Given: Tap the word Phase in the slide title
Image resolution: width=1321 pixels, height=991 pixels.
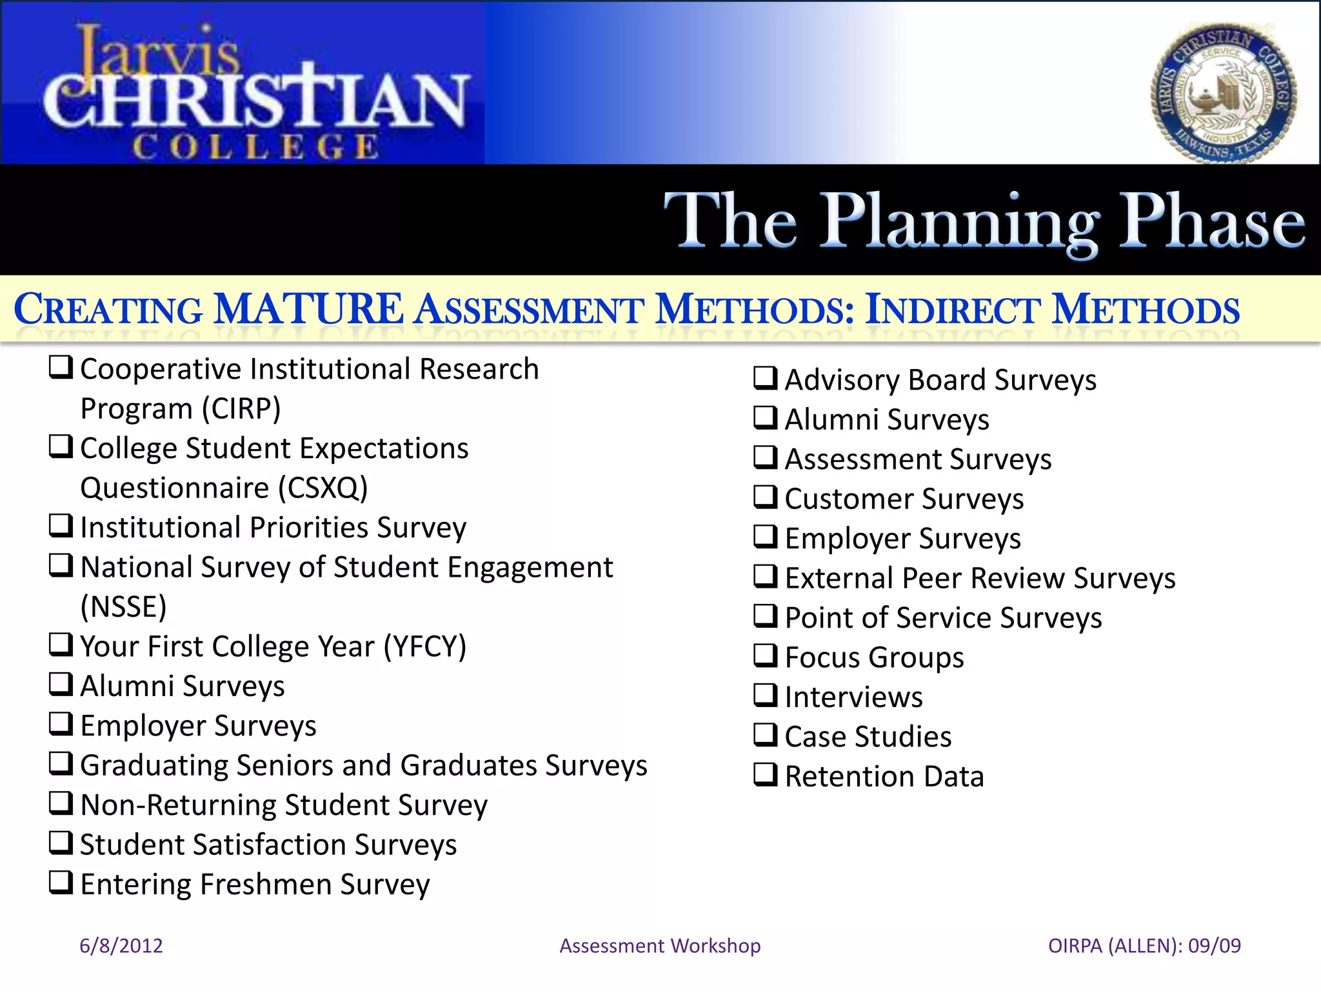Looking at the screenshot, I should click(x=1211, y=221).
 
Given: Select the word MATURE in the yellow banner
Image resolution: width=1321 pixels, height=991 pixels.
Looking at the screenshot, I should click(x=308, y=309).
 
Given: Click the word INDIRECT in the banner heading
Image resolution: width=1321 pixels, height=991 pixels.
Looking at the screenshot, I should click(x=952, y=310).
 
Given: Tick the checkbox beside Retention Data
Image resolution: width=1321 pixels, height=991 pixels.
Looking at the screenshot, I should click(x=765, y=774).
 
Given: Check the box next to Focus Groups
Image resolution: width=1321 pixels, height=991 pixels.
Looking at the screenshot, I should click(x=765, y=656).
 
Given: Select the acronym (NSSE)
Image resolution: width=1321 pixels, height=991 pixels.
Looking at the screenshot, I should click(x=123, y=607).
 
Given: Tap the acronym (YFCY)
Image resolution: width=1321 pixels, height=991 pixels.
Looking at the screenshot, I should click(x=424, y=646).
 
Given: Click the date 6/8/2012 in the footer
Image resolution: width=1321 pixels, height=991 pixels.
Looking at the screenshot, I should click(x=121, y=946).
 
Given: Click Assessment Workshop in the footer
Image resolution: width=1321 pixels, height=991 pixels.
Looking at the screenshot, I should click(x=660, y=946).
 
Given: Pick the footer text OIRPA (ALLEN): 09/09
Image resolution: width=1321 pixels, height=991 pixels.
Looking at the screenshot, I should click(x=1144, y=946).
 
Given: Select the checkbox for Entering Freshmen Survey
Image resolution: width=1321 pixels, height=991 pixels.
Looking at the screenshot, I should click(x=61, y=882).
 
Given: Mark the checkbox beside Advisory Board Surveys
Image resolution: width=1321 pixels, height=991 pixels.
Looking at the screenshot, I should click(x=765, y=378).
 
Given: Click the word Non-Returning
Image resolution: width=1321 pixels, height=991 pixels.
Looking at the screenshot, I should click(x=178, y=805).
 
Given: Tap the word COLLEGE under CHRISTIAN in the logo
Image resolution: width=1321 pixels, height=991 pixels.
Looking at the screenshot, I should click(x=255, y=146).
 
